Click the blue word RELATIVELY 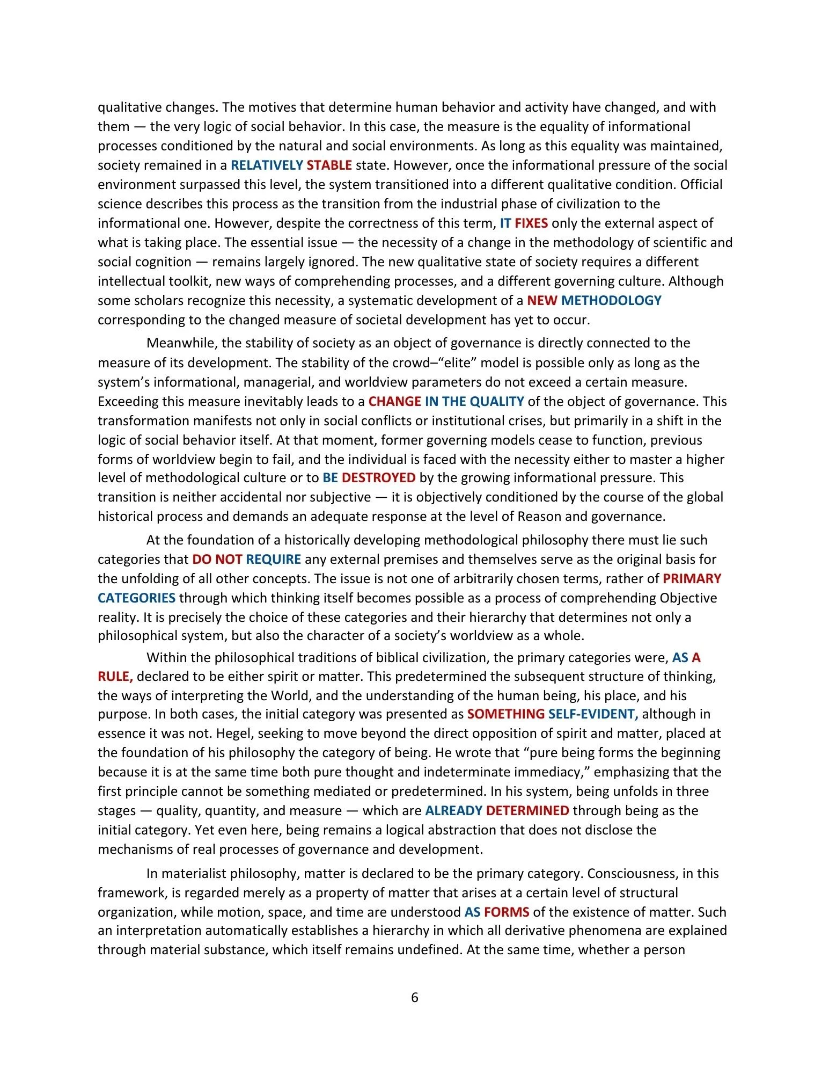tap(267, 165)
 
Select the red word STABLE tap(329, 165)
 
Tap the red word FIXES tap(531, 223)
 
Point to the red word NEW tap(542, 301)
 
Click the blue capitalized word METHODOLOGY tap(611, 301)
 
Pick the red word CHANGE tap(394, 402)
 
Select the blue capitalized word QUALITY tap(496, 402)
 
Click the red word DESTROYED tap(378, 478)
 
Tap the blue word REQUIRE tap(273, 560)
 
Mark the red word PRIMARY tap(692, 579)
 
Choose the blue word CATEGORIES tap(136, 598)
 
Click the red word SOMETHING tap(505, 714)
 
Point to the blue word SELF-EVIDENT tap(593, 714)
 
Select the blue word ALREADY tap(453, 811)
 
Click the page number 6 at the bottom tap(414, 998)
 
